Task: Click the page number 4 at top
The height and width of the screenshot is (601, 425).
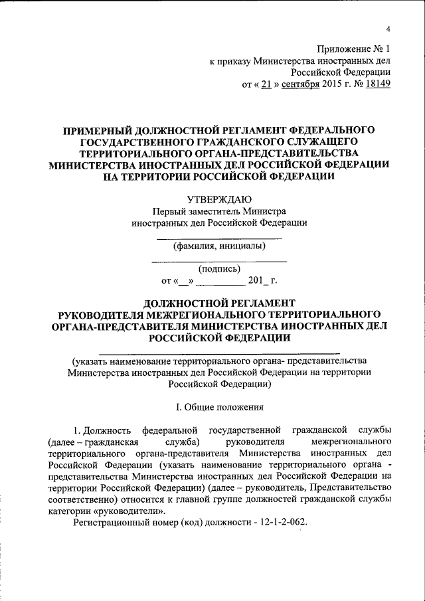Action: (388, 28)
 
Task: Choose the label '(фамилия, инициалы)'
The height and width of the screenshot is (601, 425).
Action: (219, 246)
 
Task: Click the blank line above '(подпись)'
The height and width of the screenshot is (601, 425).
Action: (219, 262)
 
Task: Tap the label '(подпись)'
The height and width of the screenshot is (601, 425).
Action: (219, 269)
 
